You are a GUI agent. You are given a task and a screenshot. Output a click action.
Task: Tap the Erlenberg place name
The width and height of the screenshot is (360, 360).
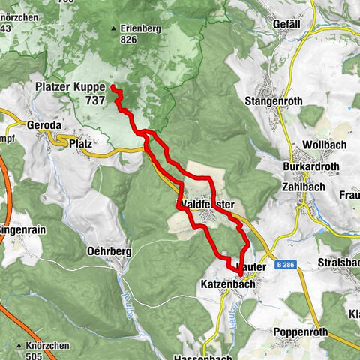[x=142, y=29]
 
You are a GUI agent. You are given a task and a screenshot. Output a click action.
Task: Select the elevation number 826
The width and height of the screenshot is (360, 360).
[x=127, y=39]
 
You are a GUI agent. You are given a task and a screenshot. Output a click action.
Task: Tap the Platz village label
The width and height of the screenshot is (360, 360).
[x=79, y=142]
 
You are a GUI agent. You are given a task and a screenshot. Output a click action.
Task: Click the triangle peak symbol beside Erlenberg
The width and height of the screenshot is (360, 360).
[x=114, y=29]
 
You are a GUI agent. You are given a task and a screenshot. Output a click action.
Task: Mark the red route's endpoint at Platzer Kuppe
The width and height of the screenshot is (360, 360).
[x=114, y=88]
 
